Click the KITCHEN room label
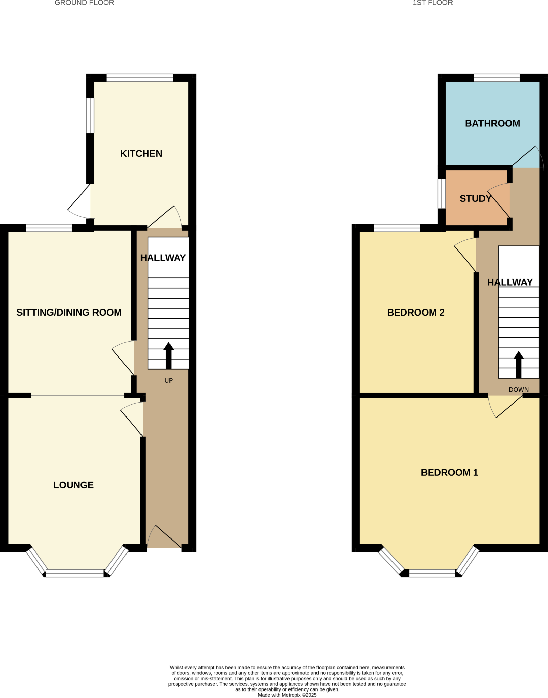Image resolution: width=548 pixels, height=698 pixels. coord(141,154)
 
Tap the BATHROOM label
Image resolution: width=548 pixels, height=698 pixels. coord(492,123)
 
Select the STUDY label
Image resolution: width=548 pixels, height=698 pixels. coord(475,199)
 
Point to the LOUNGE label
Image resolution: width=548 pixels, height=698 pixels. coord(73,485)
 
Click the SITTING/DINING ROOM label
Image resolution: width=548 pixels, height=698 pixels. coord(69,313)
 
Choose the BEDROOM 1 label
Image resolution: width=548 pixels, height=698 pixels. coord(449,472)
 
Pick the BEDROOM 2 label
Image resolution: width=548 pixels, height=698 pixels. coord(416,313)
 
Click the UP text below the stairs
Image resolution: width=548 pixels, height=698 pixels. coord(168,381)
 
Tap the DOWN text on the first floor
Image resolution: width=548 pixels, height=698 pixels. coord(518,390)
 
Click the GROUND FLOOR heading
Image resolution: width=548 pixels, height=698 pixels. coord(84,3)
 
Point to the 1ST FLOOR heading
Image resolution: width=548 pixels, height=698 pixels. coord(432,3)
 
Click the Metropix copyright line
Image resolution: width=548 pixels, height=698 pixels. coord(287,695)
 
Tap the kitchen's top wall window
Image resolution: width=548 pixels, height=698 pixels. coord(139,78)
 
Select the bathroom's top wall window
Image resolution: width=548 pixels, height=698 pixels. coord(497,78)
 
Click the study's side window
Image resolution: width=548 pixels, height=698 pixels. coord(442,194)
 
